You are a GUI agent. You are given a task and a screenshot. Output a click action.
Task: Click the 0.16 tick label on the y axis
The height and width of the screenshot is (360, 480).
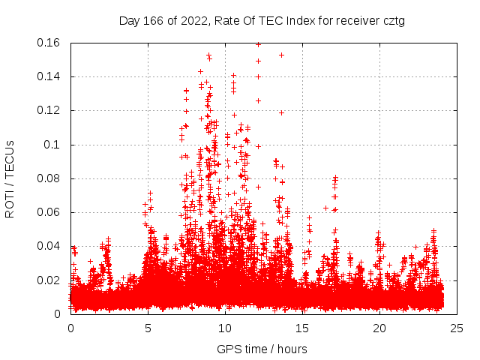pyautogui.click(x=49, y=43)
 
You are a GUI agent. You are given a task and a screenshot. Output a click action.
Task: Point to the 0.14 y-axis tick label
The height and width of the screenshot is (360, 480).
pyautogui.click(x=49, y=76)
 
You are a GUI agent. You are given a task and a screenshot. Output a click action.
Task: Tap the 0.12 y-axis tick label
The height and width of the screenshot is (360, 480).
pyautogui.click(x=49, y=110)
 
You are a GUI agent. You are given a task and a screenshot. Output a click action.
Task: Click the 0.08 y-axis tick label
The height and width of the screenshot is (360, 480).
pyautogui.click(x=49, y=178)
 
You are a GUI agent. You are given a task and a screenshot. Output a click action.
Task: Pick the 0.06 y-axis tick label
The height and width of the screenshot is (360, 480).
pyautogui.click(x=49, y=212)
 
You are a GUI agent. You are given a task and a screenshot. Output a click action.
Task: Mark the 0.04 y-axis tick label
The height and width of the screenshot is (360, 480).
pyautogui.click(x=49, y=246)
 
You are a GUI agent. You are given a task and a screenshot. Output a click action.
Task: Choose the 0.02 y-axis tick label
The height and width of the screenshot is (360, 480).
pyautogui.click(x=49, y=280)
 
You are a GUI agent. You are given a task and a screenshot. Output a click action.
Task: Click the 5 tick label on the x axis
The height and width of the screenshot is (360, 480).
pyautogui.click(x=148, y=328)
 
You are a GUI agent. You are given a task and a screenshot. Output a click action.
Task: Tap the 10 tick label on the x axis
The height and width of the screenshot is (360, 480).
pyautogui.click(x=225, y=328)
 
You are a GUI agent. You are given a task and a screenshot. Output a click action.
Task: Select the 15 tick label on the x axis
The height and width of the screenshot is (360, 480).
pyautogui.click(x=302, y=328)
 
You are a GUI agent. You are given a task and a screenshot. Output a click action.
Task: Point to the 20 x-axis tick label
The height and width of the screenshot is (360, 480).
pyautogui.click(x=379, y=328)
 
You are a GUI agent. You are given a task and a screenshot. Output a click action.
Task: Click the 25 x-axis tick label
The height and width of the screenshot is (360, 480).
pyautogui.click(x=457, y=328)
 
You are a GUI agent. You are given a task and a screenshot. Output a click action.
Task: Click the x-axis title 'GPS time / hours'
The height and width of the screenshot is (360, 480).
pyautogui.click(x=262, y=349)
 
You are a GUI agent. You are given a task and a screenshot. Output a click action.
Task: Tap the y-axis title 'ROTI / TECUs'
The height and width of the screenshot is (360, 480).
pyautogui.click(x=10, y=178)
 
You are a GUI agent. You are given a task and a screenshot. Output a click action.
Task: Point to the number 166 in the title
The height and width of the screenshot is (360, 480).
pyautogui.click(x=154, y=21)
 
